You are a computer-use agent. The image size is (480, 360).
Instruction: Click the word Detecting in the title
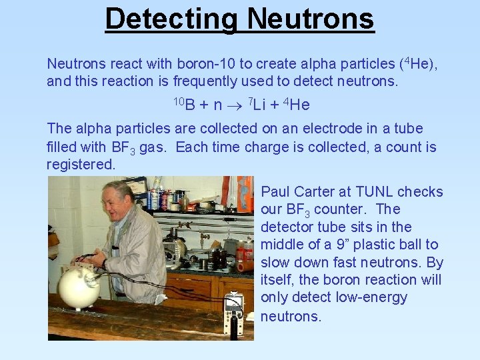pyautogui.click(x=171, y=19)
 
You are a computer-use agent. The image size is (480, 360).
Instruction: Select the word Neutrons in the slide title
pyautogui.click(x=311, y=19)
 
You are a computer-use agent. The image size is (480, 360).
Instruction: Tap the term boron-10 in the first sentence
pyautogui.click(x=204, y=64)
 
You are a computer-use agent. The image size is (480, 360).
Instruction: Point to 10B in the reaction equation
pyautogui.click(x=183, y=104)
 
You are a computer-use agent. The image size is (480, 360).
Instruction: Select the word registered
pyautogui.click(x=81, y=164)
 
